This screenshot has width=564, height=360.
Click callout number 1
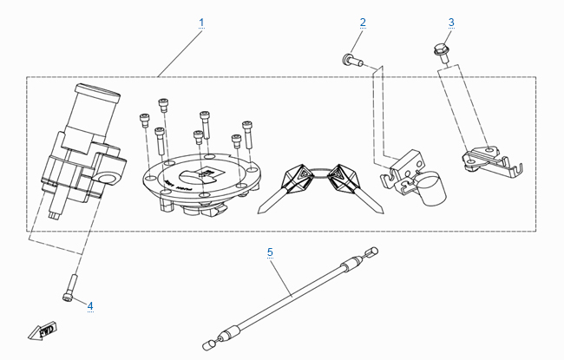point(201,21)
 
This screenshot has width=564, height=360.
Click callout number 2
point(363,21)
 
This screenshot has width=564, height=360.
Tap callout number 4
point(89,304)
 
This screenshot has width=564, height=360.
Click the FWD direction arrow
point(42,331)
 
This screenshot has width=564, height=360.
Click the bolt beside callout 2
point(351,59)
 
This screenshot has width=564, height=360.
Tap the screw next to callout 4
point(69,286)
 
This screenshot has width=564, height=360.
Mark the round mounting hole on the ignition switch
point(108,178)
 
